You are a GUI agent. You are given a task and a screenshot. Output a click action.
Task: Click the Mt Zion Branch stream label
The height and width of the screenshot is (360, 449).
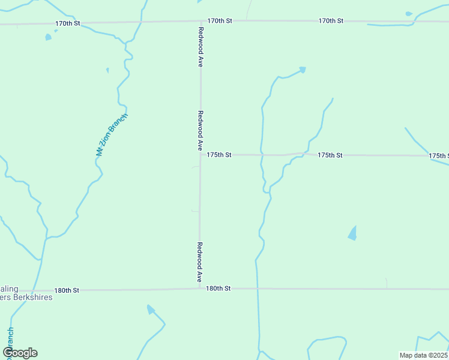112,135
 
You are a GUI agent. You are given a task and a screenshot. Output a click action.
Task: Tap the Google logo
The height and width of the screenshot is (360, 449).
20,353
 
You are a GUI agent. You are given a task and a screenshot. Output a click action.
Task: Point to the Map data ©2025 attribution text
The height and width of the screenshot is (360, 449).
423,355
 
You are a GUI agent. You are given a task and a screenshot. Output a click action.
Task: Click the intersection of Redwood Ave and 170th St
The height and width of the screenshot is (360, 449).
200,22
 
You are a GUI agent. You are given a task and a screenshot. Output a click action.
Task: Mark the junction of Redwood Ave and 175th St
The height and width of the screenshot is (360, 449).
200,155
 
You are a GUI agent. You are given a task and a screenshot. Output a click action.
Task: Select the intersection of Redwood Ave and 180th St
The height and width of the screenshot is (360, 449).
200,289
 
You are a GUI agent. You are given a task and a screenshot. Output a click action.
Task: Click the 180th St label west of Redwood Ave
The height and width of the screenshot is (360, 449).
67,290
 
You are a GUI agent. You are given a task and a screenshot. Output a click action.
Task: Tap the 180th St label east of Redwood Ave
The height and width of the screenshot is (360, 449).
218,289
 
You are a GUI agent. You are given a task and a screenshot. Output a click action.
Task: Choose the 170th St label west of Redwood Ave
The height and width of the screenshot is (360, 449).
68,23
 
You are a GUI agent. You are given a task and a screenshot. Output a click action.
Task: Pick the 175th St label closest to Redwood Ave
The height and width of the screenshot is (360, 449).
219,155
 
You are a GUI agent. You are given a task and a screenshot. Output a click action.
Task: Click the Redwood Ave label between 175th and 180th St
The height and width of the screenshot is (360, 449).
200,262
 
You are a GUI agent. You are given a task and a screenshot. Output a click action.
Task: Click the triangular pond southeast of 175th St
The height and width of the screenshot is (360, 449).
352,233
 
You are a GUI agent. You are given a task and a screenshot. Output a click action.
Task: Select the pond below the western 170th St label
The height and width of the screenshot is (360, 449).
48,37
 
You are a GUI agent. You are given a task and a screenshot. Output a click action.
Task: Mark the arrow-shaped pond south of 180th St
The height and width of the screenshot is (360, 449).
151,310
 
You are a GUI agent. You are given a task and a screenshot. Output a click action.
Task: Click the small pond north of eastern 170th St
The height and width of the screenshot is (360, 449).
409,13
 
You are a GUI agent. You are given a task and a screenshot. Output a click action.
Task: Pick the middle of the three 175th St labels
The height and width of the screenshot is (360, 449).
330,155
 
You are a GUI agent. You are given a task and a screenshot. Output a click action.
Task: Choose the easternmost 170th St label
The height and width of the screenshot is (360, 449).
331,20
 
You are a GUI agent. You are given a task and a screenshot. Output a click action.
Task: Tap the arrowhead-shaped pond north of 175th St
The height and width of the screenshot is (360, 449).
302,70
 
